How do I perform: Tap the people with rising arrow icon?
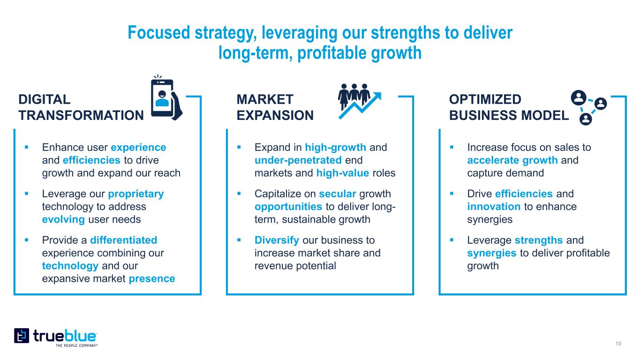pyautogui.click(x=360, y=101)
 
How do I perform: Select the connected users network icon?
pyautogui.click(x=588, y=107)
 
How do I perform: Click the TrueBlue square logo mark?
pyautogui.click(x=22, y=336)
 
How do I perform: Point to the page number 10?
pyautogui.click(x=618, y=344)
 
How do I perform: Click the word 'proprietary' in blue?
pyautogui.click(x=136, y=194)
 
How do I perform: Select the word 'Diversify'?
pyautogui.click(x=277, y=240)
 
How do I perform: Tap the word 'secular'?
pyautogui.click(x=338, y=194)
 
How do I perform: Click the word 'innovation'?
pyautogui.click(x=494, y=207)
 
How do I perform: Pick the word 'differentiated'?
pyautogui.click(x=124, y=240)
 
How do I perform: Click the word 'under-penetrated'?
pyautogui.click(x=298, y=160)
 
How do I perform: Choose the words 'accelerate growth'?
pyautogui.click(x=512, y=160)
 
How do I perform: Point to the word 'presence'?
pyautogui.click(x=152, y=279)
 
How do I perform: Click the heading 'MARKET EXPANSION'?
pyautogui.click(x=275, y=107)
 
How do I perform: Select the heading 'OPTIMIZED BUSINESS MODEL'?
pyautogui.click(x=509, y=107)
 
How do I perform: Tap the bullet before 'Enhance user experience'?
pyautogui.click(x=27, y=148)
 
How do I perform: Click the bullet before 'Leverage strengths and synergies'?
pyautogui.click(x=452, y=240)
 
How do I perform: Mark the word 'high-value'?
pyautogui.click(x=343, y=173)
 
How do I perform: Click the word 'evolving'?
pyautogui.click(x=63, y=220)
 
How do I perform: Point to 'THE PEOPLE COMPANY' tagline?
pyautogui.click(x=76, y=345)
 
